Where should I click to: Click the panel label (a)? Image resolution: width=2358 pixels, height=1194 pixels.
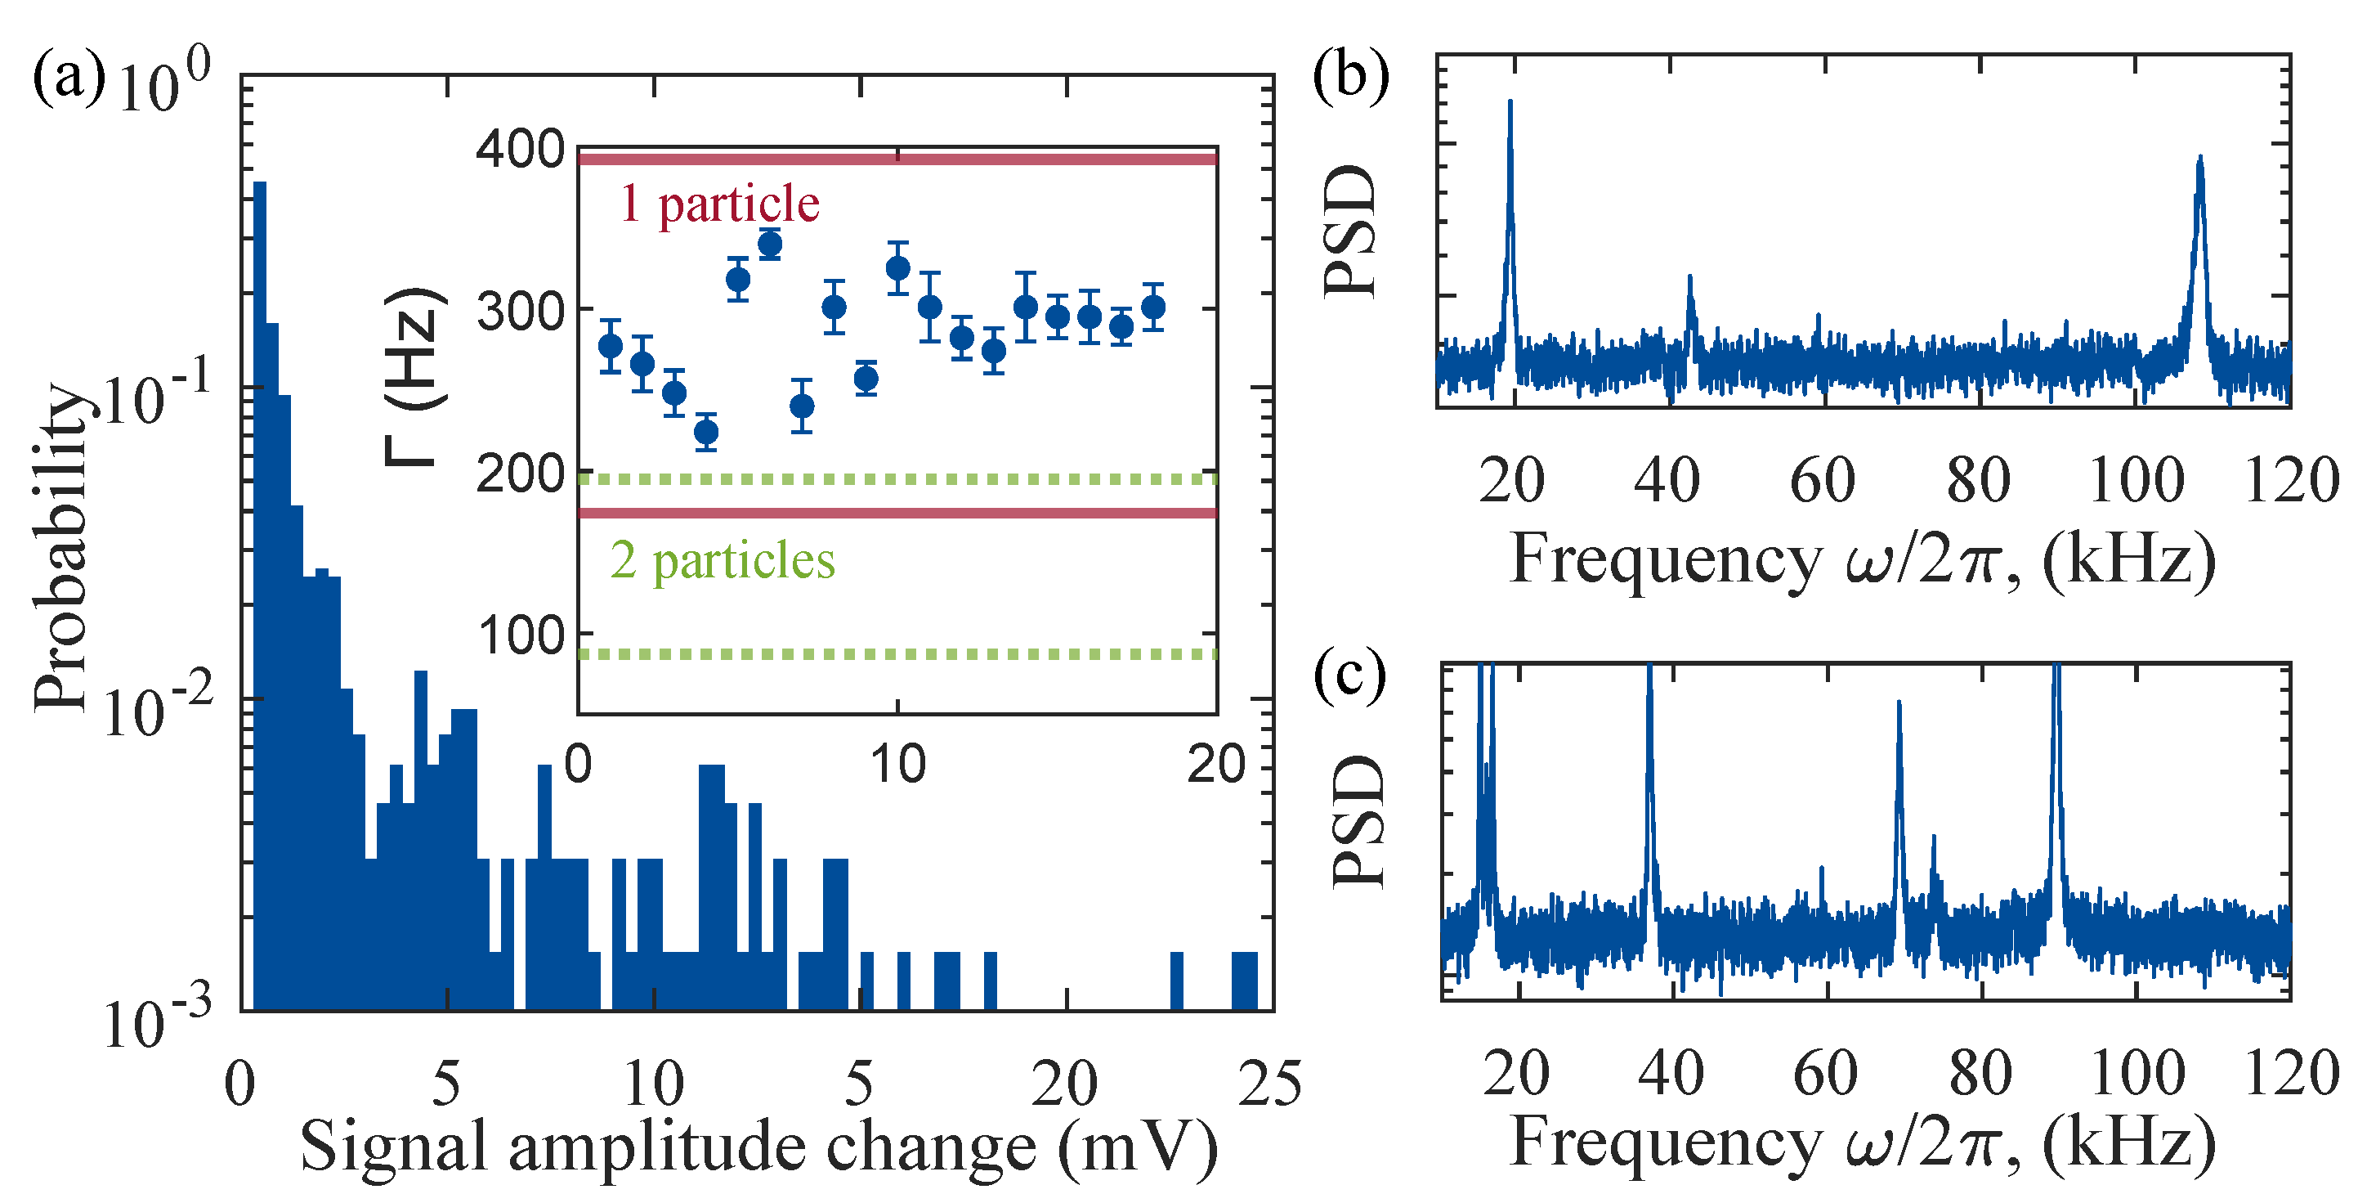(x=69, y=77)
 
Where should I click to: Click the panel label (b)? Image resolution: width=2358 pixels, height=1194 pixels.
(x=1350, y=77)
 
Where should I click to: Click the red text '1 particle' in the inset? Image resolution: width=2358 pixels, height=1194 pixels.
(x=719, y=204)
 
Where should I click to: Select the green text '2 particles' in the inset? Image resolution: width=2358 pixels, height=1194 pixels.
(x=723, y=560)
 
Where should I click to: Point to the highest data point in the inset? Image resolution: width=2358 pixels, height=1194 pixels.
(x=770, y=245)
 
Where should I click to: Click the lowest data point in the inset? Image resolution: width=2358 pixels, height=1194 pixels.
(x=705, y=432)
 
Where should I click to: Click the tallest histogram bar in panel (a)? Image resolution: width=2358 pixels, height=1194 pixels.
(x=260, y=595)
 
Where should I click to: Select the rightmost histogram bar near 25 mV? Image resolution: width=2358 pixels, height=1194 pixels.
(x=1244, y=981)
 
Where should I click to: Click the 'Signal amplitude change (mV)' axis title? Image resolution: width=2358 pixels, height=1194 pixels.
(x=760, y=1147)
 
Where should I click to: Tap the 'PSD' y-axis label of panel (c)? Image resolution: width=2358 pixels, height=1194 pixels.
(x=1359, y=821)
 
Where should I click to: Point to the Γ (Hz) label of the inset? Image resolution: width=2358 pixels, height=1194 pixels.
(x=414, y=376)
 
